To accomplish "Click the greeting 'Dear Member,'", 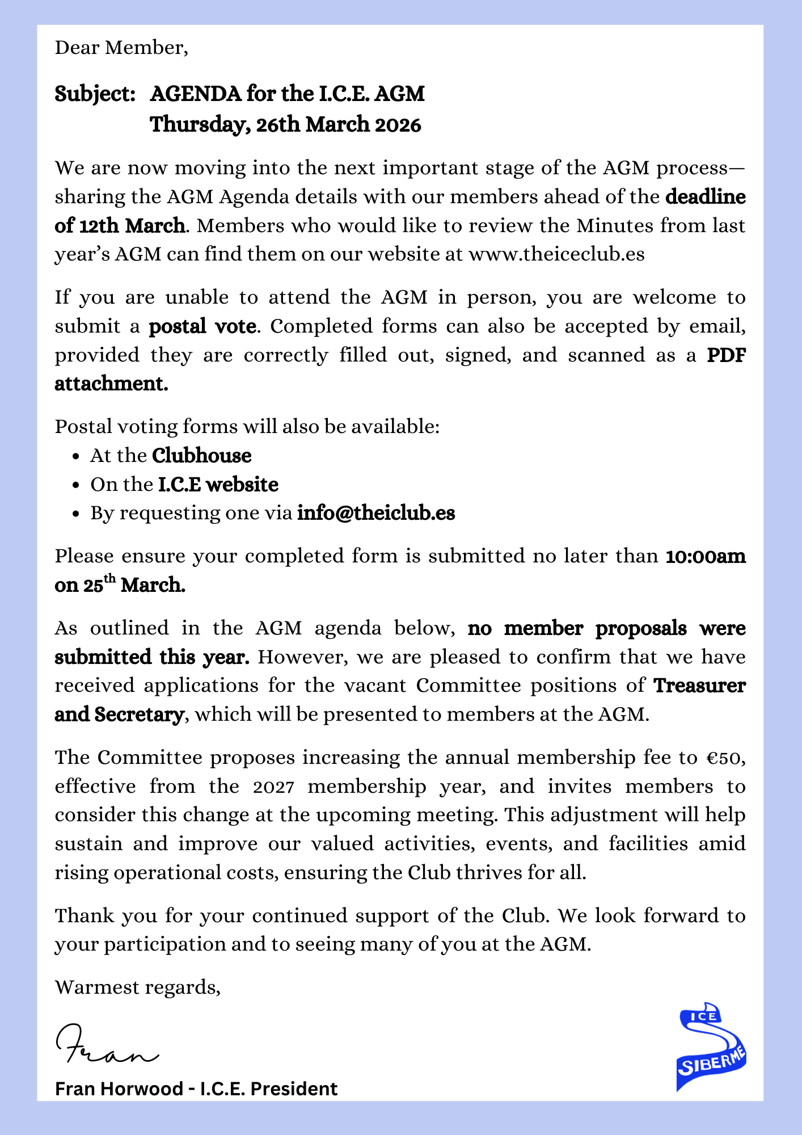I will tap(121, 48).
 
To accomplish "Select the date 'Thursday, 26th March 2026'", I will tap(285, 125).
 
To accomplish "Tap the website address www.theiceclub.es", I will tap(556, 254).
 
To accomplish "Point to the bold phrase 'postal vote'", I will tap(202, 327).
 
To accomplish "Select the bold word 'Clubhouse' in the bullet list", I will tap(201, 456).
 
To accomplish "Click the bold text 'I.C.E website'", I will tap(218, 485).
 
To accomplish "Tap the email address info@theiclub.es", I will tap(375, 513).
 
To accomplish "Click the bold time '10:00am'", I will tap(706, 556).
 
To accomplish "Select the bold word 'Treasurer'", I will tap(699, 686).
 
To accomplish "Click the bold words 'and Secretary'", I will tap(119, 714).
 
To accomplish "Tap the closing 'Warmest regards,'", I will tap(137, 987).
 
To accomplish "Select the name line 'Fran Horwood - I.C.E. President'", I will tap(196, 1089).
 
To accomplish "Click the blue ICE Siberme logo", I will tap(711, 1048).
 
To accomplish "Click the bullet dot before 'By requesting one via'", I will tap(76, 514).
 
